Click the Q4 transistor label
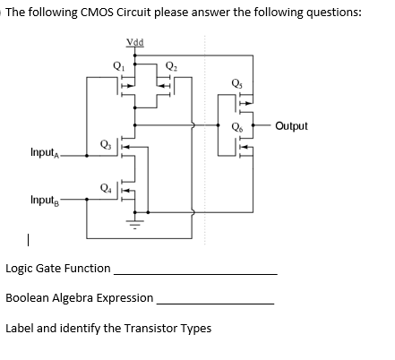click(107, 187)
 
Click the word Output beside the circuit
click(291, 126)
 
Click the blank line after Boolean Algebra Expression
click(215, 303)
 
